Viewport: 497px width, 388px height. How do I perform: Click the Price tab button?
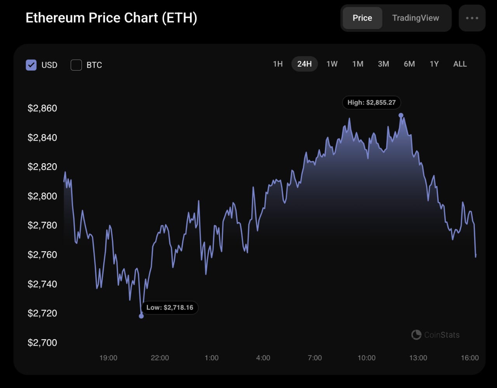pyautogui.click(x=362, y=18)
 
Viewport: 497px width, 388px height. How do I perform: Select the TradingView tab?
pyautogui.click(x=415, y=18)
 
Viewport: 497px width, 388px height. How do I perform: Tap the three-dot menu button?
pyautogui.click(x=472, y=18)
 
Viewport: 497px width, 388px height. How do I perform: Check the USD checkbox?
pyautogui.click(x=31, y=65)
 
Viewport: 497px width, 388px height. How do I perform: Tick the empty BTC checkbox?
pyautogui.click(x=76, y=65)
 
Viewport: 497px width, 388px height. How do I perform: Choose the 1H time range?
pyautogui.click(x=278, y=64)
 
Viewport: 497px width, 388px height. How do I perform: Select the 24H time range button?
pyautogui.click(x=304, y=64)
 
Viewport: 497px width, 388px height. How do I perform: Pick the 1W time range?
pyautogui.click(x=332, y=64)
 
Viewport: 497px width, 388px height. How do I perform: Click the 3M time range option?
pyautogui.click(x=383, y=64)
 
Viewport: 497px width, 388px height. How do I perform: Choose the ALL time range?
pyautogui.click(x=460, y=64)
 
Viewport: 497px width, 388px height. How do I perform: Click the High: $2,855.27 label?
pyautogui.click(x=372, y=103)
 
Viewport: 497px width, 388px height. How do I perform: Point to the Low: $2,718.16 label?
pyautogui.click(x=170, y=308)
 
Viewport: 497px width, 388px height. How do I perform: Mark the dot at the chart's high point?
pyautogui.click(x=401, y=115)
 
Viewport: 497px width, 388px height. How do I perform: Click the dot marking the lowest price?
pyautogui.click(x=141, y=316)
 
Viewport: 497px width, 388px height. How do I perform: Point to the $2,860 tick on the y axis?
pyautogui.click(x=42, y=108)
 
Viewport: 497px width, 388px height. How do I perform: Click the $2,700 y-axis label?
pyautogui.click(x=42, y=343)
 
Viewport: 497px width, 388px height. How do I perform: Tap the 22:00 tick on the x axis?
pyautogui.click(x=160, y=358)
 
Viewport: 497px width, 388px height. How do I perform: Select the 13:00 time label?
pyautogui.click(x=418, y=358)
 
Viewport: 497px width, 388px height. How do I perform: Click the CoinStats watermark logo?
pyautogui.click(x=416, y=335)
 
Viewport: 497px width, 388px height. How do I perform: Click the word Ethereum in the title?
pyautogui.click(x=55, y=18)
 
